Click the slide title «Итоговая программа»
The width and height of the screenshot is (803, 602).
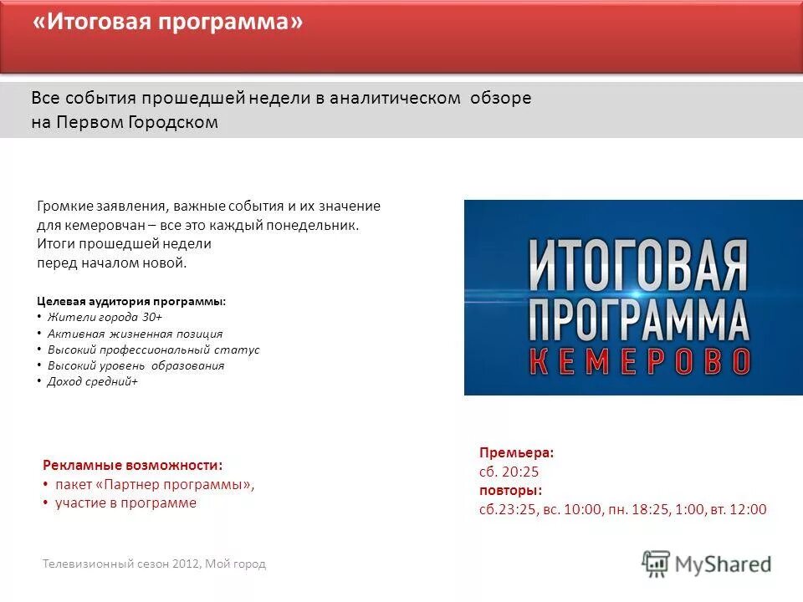pyautogui.click(x=167, y=23)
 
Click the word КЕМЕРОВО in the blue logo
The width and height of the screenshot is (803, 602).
pyautogui.click(x=641, y=360)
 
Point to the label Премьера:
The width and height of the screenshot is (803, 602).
pyautogui.click(x=516, y=452)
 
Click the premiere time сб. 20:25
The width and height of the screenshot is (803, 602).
pyautogui.click(x=509, y=472)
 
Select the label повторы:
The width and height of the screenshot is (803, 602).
pyautogui.click(x=510, y=490)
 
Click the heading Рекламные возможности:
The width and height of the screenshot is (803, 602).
pyautogui.click(x=132, y=465)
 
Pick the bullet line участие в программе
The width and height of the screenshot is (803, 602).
pyautogui.click(x=125, y=503)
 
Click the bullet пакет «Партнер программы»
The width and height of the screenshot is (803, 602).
pyautogui.click(x=154, y=484)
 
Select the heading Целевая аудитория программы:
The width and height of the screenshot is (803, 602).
pyautogui.click(x=131, y=301)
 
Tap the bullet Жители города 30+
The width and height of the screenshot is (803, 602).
pyautogui.click(x=105, y=318)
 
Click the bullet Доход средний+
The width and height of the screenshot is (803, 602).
pyautogui.click(x=92, y=381)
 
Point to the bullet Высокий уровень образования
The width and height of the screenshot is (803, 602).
pyautogui.click(x=136, y=365)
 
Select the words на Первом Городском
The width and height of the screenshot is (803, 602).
pyautogui.click(x=125, y=122)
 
